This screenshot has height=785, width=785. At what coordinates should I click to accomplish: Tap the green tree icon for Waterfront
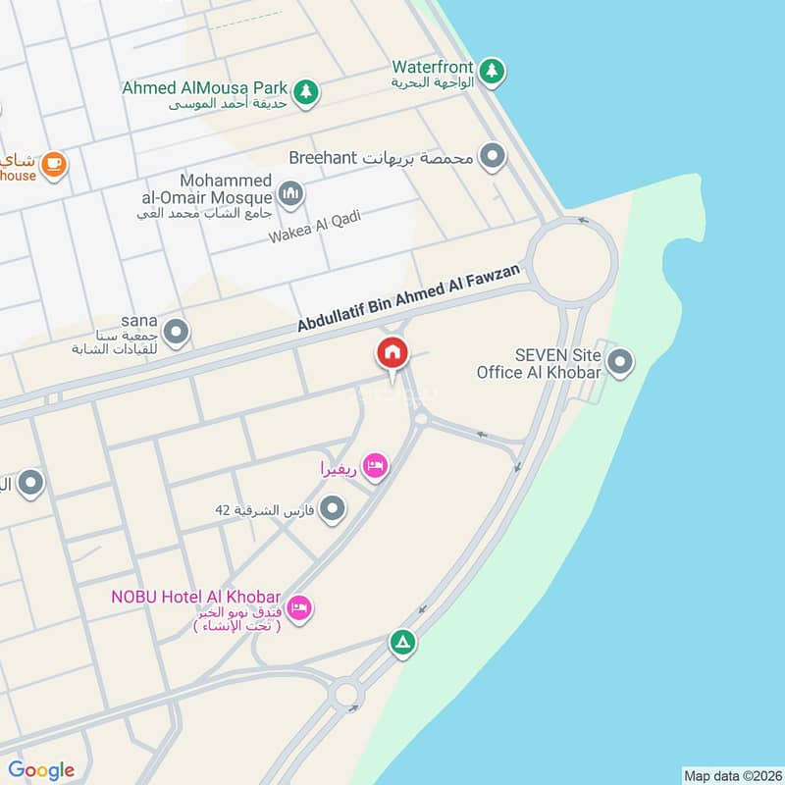492,70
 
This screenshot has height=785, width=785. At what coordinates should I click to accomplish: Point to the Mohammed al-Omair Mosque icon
289,193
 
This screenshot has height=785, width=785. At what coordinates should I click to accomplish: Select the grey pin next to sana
176,333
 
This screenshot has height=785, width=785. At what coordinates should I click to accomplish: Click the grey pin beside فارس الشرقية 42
334,508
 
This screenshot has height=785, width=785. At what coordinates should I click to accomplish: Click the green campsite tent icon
402,644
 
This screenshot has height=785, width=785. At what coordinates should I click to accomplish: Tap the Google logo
41,770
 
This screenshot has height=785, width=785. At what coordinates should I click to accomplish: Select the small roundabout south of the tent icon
345,695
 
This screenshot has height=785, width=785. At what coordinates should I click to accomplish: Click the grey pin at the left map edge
31,482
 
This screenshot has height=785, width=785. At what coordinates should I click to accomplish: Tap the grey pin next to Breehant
492,156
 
